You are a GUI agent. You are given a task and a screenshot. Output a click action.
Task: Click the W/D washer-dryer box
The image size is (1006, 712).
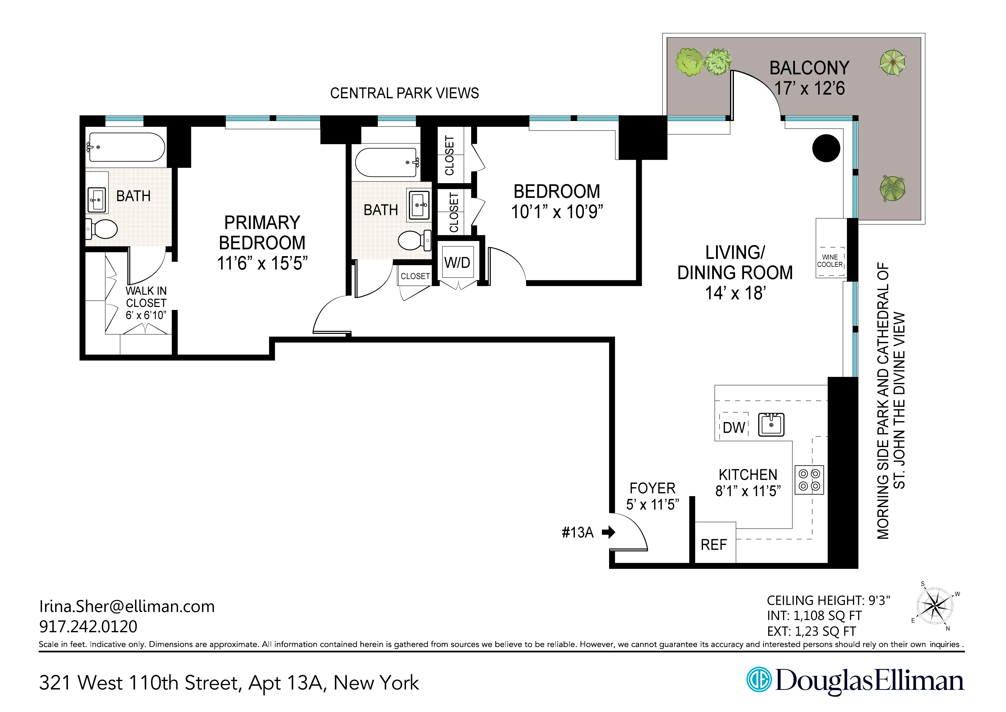point(457,262)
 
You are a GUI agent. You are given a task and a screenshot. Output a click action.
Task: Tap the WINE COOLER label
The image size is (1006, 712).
point(830,261)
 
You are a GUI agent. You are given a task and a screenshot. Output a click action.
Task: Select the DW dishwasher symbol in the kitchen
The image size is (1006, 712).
point(734,427)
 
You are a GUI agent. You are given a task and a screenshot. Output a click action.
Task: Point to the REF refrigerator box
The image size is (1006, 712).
point(714,544)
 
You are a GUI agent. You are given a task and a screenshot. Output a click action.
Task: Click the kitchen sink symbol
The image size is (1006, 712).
point(771,424)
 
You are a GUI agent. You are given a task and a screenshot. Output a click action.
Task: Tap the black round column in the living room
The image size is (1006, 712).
point(826,148)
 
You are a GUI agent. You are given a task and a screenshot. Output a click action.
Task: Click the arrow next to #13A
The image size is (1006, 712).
point(609,532)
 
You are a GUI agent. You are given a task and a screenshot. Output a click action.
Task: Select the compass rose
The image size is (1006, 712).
point(935,606)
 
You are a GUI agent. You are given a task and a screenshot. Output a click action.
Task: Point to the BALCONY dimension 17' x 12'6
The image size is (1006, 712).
point(809,88)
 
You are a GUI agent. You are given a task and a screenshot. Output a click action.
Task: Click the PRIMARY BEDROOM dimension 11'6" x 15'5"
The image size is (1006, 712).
point(262,263)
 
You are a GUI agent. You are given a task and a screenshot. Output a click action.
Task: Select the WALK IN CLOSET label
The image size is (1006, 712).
point(146,297)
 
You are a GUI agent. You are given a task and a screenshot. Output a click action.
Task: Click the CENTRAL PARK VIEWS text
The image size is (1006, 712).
point(404,93)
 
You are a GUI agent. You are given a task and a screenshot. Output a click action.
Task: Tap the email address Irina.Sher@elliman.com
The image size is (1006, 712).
point(127,606)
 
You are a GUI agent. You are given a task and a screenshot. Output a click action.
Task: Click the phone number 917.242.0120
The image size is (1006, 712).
point(88,626)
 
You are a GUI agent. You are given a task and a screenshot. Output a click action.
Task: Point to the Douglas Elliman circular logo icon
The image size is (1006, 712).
point(759,680)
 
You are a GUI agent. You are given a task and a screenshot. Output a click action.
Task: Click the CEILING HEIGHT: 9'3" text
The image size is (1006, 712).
point(828,600)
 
